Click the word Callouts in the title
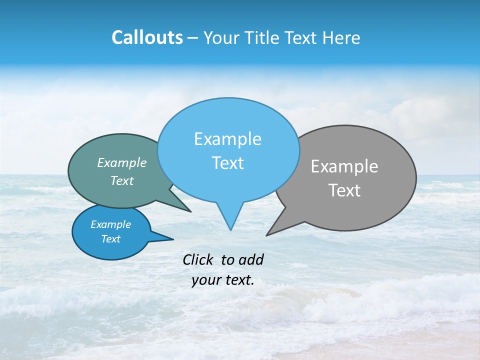(147, 38)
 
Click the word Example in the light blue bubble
(227, 139)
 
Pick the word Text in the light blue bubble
(227, 163)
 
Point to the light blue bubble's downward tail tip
(230, 230)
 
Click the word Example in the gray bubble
(344, 166)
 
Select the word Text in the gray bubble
(344, 190)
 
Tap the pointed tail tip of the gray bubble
(266, 235)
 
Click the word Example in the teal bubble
(122, 163)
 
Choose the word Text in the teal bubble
(122, 181)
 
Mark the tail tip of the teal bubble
(191, 211)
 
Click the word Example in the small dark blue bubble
(111, 224)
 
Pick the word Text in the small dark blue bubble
(111, 239)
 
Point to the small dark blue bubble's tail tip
(173, 239)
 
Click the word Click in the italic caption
(197, 260)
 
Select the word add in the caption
(251, 260)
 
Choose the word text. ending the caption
(239, 280)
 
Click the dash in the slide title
(193, 38)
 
